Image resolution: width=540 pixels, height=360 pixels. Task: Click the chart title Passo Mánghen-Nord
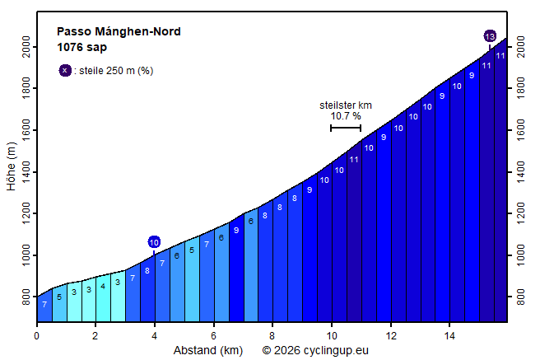(119, 32)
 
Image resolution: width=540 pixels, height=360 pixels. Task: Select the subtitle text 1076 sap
(81, 47)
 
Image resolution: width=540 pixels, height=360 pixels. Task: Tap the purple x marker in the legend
(65, 70)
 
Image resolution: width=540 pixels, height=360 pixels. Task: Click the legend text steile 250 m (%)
(116, 71)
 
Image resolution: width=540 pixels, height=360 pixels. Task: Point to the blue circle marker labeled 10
(154, 241)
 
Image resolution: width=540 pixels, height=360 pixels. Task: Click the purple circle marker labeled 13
(490, 36)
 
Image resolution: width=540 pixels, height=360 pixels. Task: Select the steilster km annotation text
(346, 105)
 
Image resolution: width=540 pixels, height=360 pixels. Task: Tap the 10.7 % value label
(346, 116)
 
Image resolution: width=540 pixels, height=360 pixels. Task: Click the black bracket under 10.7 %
(346, 128)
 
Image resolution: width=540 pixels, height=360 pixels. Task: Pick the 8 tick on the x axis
(272, 335)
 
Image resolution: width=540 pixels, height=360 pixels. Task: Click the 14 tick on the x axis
(450, 335)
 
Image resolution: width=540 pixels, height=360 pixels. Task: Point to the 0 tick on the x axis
(36, 335)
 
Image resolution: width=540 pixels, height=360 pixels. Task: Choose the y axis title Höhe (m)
(11, 167)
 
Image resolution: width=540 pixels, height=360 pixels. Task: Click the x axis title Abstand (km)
(207, 350)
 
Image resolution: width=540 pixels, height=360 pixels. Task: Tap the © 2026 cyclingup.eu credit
(315, 350)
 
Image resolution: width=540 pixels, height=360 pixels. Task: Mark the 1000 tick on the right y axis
(520, 255)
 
